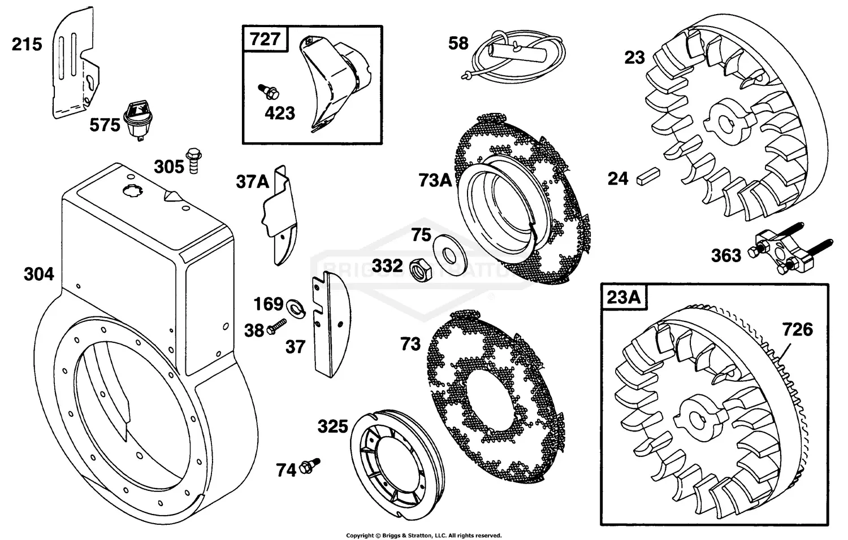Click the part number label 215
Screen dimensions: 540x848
pyautogui.click(x=27, y=44)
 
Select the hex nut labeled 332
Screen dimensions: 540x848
pyautogui.click(x=418, y=269)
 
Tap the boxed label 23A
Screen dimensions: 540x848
pyautogui.click(x=624, y=297)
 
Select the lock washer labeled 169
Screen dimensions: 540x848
pyautogui.click(x=293, y=307)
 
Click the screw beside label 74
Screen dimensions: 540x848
pyautogui.click(x=310, y=465)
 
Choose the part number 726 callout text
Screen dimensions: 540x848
pyautogui.click(x=797, y=329)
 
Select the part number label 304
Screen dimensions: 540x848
pyautogui.click(x=38, y=275)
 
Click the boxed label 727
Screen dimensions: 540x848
pyautogui.click(x=265, y=39)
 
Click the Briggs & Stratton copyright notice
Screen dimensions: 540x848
pyautogui.click(x=423, y=535)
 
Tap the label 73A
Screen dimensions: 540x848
pyautogui.click(x=435, y=180)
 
